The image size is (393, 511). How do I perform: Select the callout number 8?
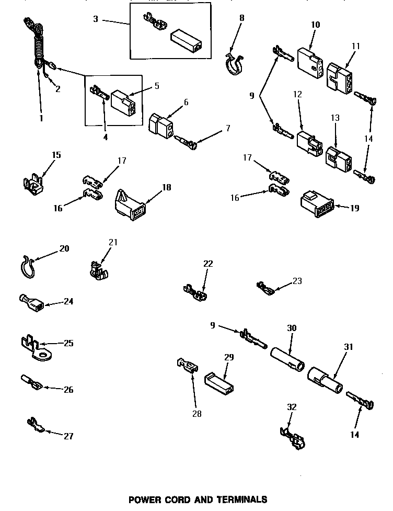pyautogui.click(x=241, y=18)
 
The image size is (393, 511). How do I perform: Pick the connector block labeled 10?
pyautogui.click(x=308, y=59)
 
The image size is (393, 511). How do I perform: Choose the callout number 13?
pyautogui.click(x=335, y=118)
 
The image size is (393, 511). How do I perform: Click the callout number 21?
pyautogui.click(x=113, y=242)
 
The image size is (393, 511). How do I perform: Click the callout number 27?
pyautogui.click(x=68, y=436)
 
